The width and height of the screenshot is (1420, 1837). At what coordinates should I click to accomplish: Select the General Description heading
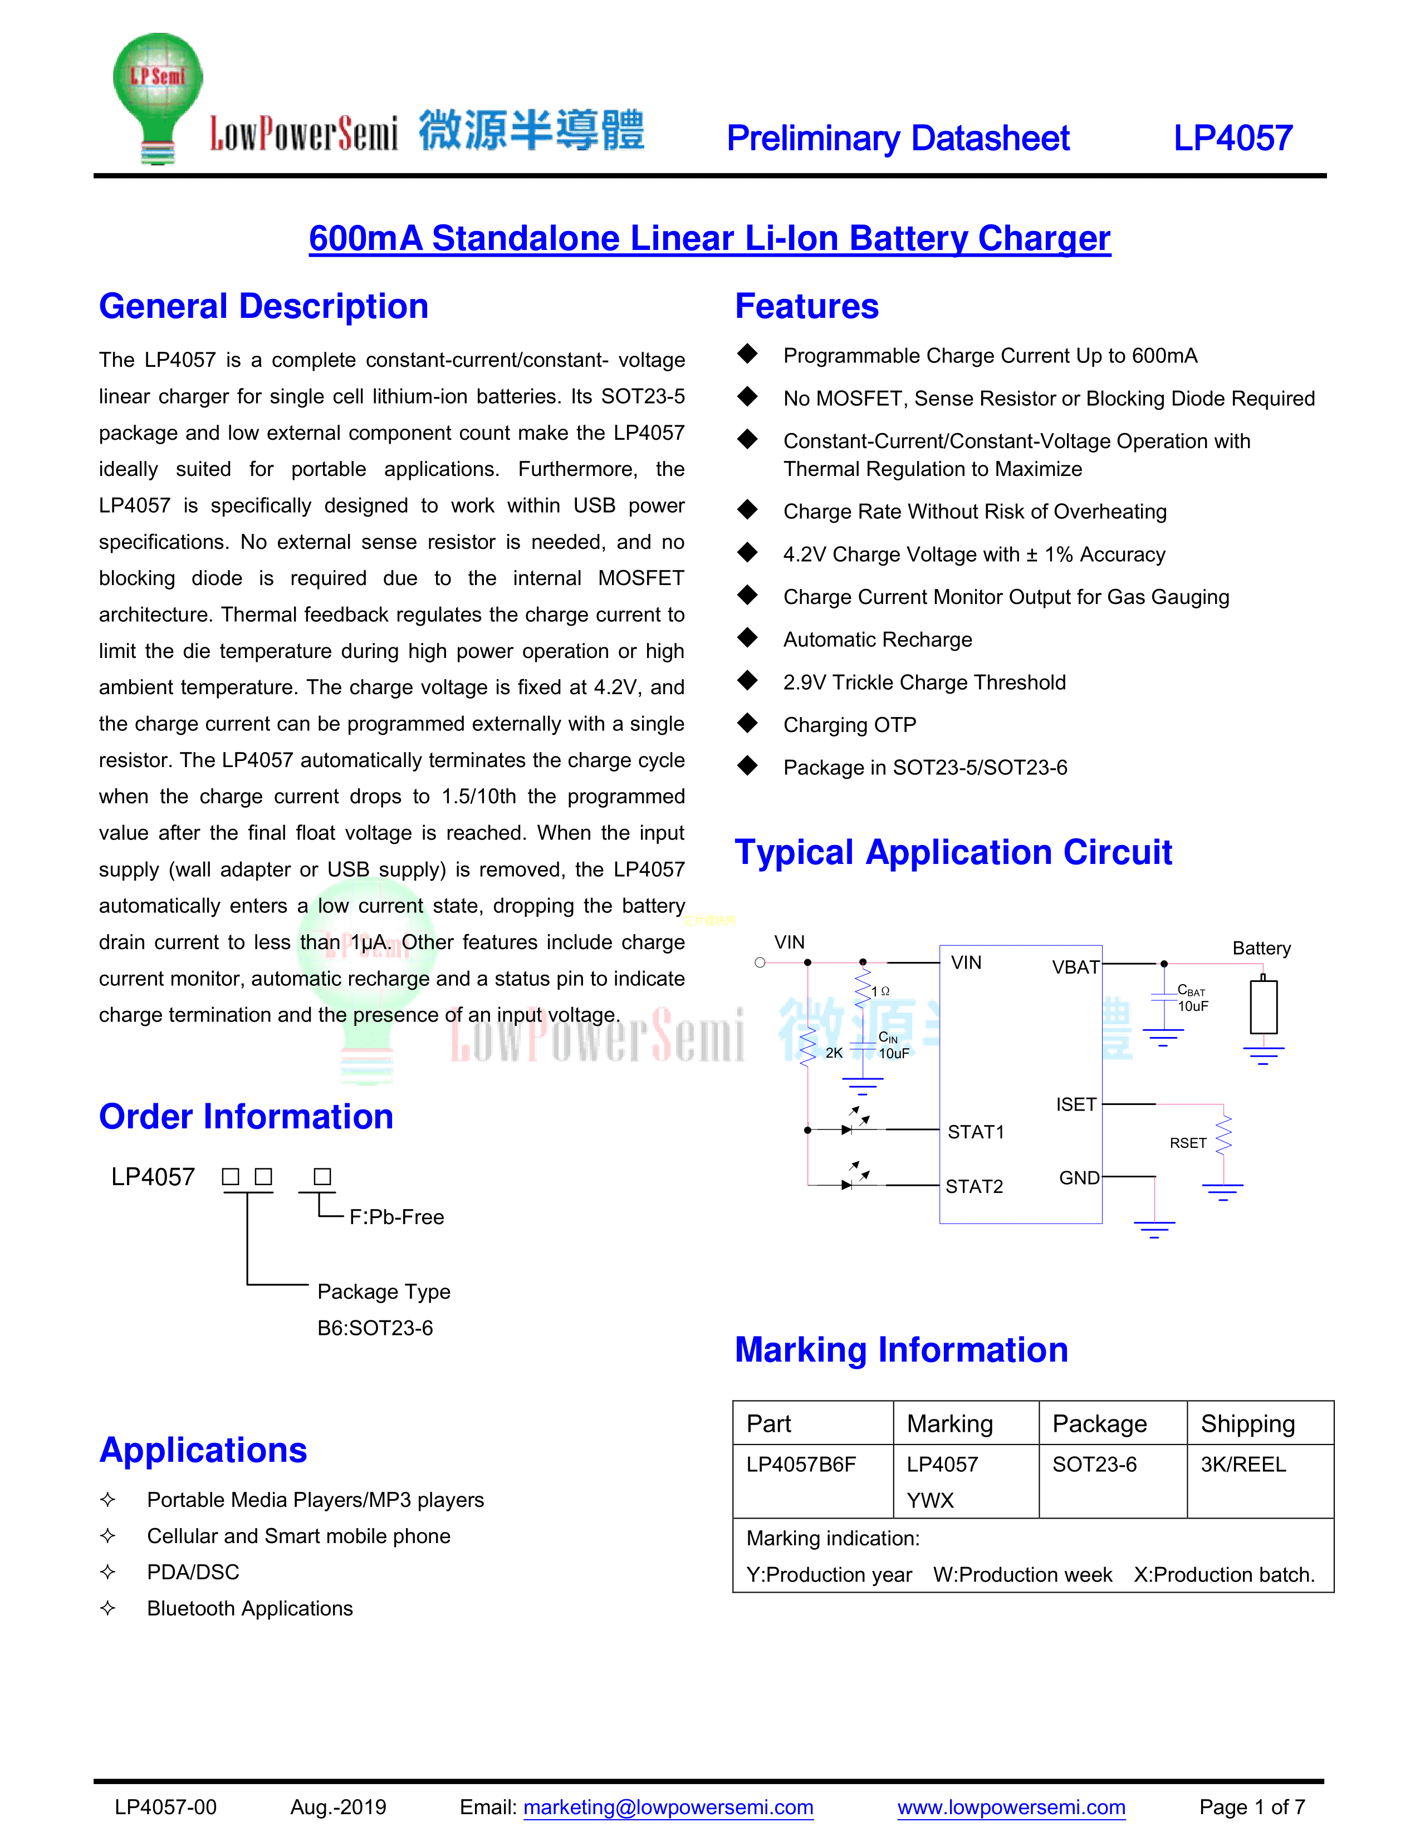263,306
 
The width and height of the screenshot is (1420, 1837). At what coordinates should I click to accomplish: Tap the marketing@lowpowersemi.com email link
668,1807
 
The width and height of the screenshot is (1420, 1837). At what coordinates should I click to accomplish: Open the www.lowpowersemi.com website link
1011,1807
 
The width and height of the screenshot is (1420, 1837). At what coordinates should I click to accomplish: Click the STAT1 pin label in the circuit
976,1132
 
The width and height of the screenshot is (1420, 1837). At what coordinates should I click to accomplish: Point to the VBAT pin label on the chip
1075,967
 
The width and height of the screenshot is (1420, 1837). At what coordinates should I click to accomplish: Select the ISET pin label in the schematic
1076,1104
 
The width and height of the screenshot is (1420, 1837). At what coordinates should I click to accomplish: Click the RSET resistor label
1188,1143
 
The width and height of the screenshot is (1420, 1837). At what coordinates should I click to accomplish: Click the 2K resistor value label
834,1053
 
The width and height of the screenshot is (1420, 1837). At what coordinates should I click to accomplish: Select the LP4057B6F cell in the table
801,1465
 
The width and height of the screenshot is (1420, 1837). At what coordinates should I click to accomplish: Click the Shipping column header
1247,1423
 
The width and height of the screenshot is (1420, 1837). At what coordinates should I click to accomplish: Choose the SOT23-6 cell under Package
1094,1465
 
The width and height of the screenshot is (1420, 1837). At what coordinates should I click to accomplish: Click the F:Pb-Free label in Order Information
396,1217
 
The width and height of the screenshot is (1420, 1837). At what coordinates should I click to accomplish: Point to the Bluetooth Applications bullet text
250,1608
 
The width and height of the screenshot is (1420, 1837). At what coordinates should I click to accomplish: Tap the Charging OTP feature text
850,725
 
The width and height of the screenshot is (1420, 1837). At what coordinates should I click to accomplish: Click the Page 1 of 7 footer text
1252,1807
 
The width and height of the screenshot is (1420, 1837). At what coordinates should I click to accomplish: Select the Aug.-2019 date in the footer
338,1807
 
